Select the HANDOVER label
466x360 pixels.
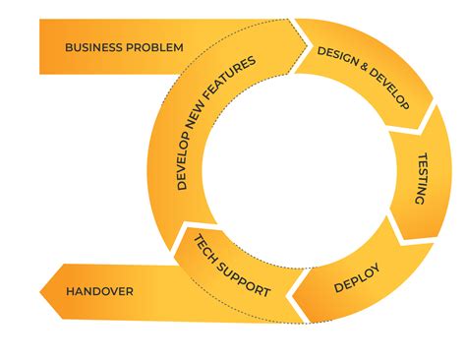(x=99, y=291)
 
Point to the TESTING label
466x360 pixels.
(x=417, y=178)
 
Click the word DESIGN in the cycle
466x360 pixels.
(x=333, y=63)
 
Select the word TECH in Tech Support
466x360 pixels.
(x=204, y=246)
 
